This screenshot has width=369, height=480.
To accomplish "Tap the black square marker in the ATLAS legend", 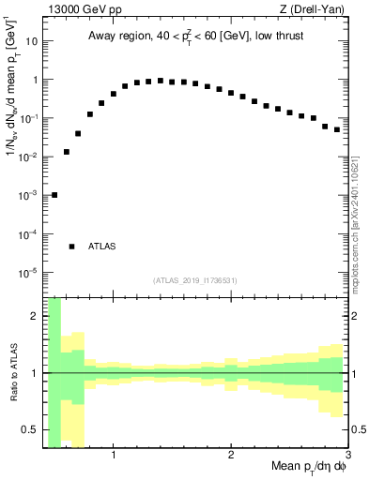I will (71, 247).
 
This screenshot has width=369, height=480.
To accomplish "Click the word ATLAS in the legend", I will (102, 247).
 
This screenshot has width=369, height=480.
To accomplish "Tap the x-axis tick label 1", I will (113, 456).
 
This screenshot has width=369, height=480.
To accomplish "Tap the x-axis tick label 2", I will (230, 456).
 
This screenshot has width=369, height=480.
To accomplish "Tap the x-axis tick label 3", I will (346, 456).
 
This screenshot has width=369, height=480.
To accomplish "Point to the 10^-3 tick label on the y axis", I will (29, 195).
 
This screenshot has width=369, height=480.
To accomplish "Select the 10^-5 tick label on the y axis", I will (29, 272).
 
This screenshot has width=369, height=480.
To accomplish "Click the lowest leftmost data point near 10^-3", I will (54, 195).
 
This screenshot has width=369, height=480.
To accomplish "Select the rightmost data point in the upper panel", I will (337, 129).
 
